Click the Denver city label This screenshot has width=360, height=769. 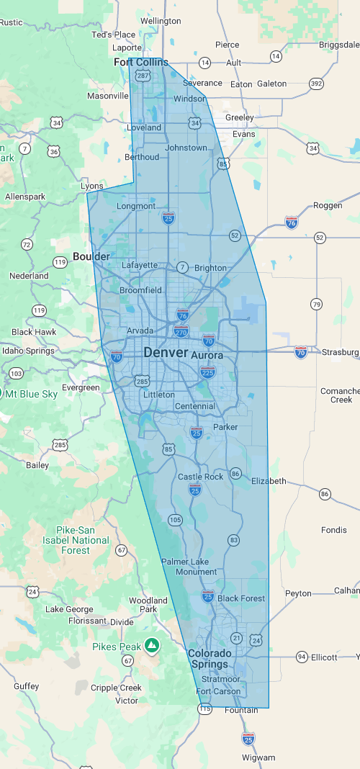point(166,354)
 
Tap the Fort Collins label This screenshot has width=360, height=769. point(141,63)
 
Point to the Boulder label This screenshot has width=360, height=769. point(91,256)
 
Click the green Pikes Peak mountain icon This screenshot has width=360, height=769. point(151,645)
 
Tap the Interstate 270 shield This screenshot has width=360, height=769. point(181,331)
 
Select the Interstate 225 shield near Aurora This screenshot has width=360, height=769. point(208,372)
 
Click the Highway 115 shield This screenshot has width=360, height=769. point(205,709)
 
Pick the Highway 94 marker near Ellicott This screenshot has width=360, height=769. point(302,657)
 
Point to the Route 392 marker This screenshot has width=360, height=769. point(316,84)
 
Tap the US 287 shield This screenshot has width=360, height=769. point(143,76)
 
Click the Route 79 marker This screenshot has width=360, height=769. point(316,305)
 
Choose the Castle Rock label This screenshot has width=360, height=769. point(201,477)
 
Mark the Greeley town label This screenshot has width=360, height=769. point(240,117)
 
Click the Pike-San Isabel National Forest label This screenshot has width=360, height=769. point(76,540)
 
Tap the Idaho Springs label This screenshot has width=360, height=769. point(28,351)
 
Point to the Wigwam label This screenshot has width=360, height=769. point(258,757)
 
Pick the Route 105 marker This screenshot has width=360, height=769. point(175,519)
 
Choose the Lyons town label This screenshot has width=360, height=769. point(92,186)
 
